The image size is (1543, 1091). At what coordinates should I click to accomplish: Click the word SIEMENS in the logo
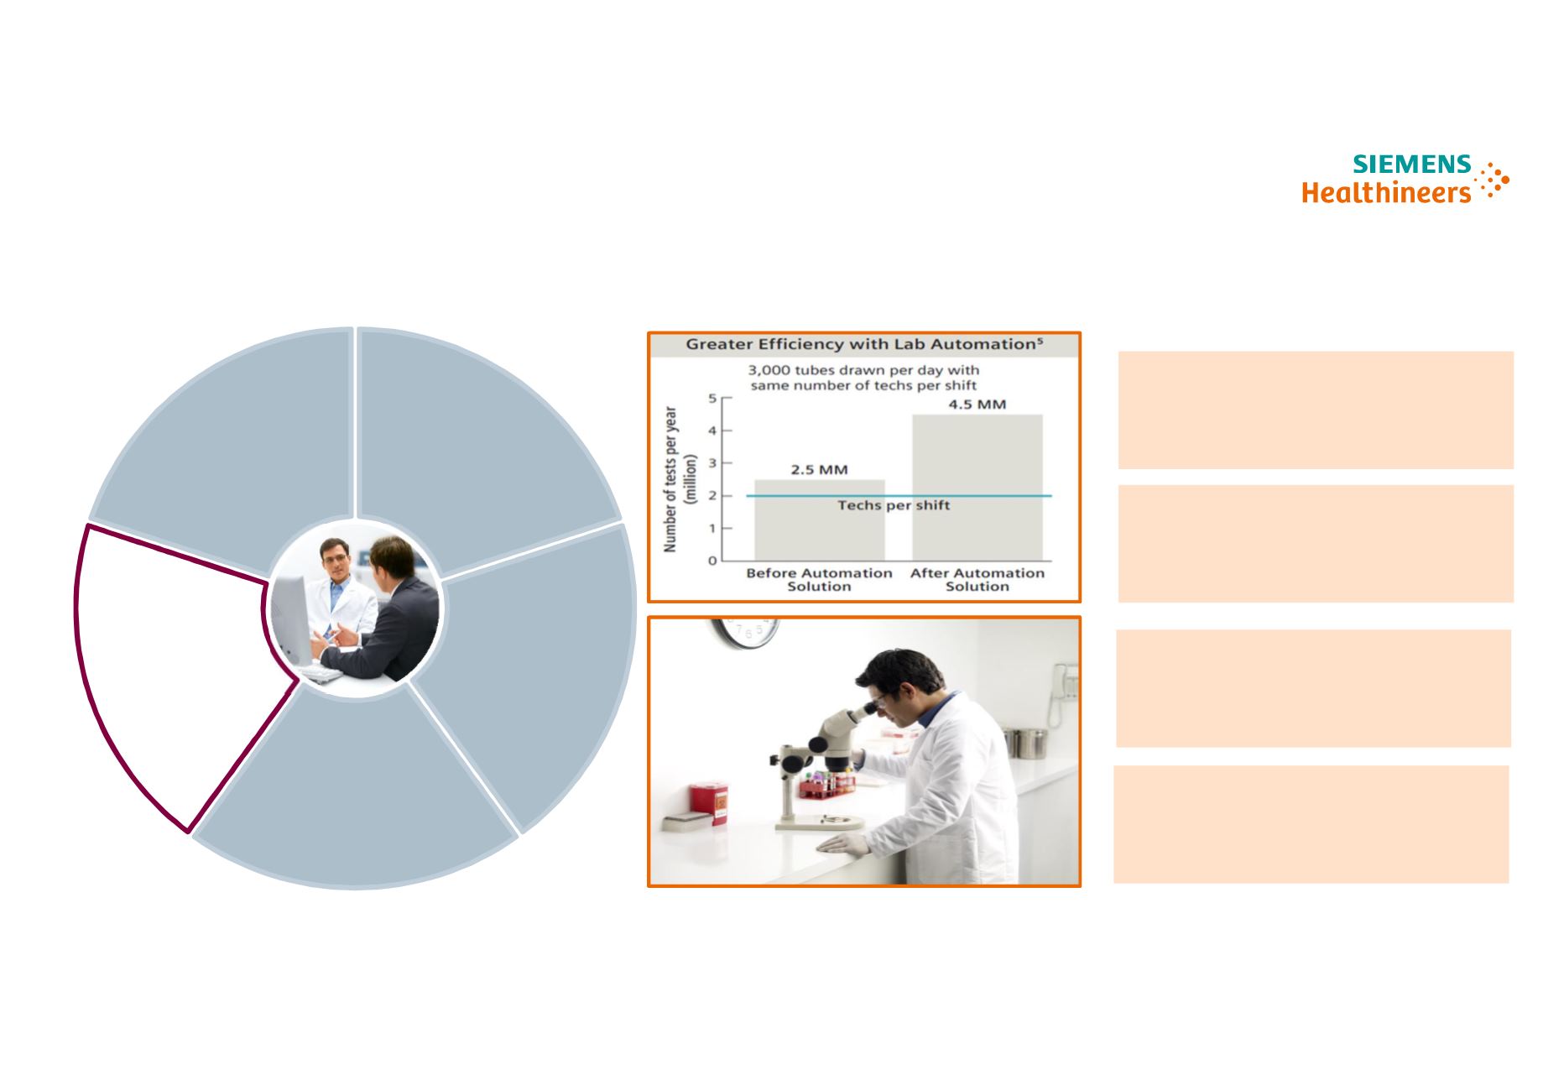tap(1412, 164)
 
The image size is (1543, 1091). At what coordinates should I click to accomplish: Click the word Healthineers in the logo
tap(1386, 192)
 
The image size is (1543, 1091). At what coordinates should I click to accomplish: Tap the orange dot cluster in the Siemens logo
tap(1493, 180)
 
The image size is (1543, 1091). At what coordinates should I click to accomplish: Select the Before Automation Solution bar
tap(820, 520)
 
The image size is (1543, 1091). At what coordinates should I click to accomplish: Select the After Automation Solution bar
tap(977, 488)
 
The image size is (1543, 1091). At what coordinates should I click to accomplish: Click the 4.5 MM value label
tap(977, 405)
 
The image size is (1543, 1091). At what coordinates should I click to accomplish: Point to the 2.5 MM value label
tap(820, 470)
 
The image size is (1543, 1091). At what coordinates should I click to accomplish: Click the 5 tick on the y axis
tap(713, 399)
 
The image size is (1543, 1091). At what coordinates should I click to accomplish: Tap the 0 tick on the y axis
tap(713, 561)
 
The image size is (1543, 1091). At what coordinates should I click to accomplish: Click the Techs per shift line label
tap(894, 505)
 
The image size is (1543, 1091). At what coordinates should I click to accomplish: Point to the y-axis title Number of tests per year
tap(670, 479)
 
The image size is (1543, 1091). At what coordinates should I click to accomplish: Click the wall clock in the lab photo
tap(746, 633)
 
